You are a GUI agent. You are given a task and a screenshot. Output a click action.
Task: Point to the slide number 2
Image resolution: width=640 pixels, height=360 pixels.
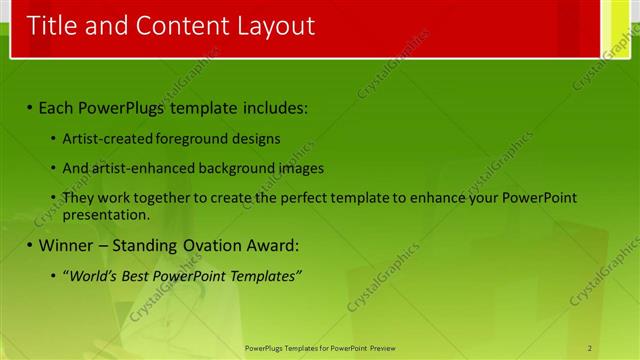point(590,348)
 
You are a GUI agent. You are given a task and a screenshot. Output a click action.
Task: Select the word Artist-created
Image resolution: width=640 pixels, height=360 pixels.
point(103,139)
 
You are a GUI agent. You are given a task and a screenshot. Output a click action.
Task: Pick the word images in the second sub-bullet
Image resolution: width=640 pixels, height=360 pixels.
point(301,168)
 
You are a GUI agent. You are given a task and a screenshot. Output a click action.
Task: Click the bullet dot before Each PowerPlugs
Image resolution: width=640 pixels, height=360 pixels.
point(30,107)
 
